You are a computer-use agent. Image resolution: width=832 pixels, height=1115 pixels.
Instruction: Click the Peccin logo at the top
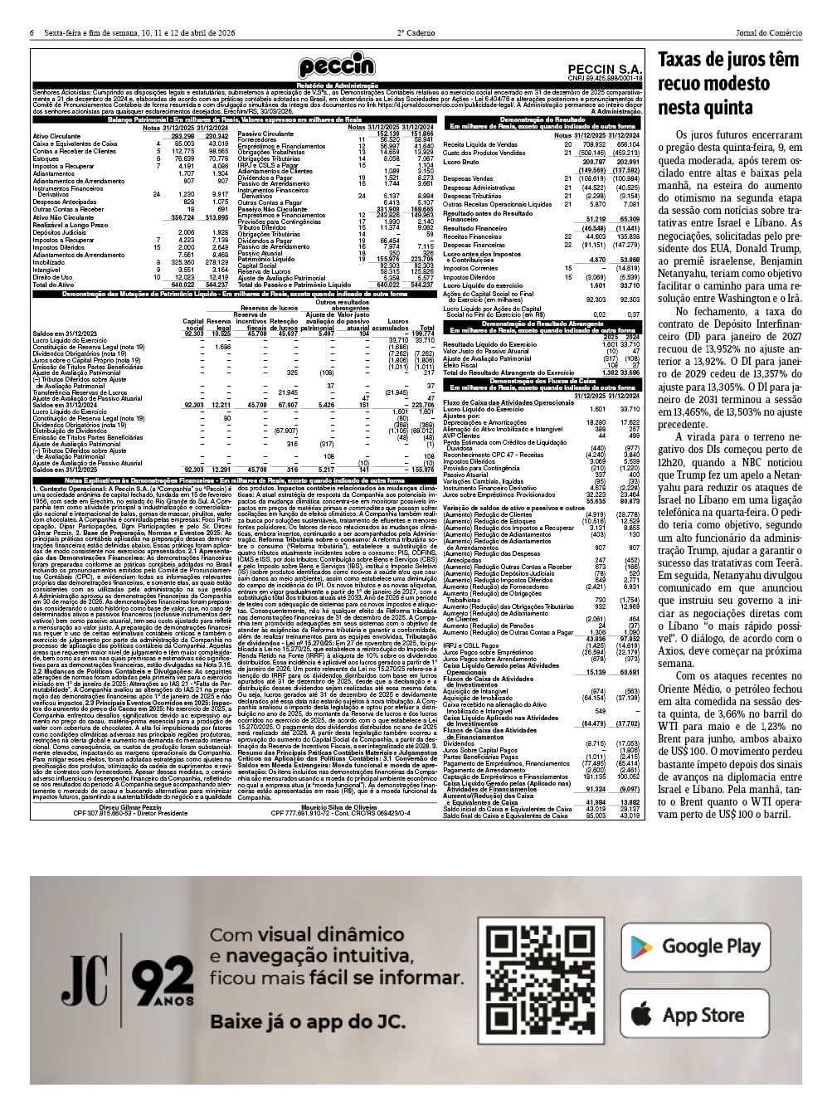pos(337,66)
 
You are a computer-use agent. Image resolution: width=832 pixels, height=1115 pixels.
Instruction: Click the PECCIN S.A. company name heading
pos(606,70)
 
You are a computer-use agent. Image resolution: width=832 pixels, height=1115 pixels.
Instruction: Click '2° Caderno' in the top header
pos(416,33)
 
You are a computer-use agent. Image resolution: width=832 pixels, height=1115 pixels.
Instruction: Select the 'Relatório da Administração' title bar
pos(337,85)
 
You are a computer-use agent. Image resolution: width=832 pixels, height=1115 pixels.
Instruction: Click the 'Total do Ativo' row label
pos(53,285)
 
